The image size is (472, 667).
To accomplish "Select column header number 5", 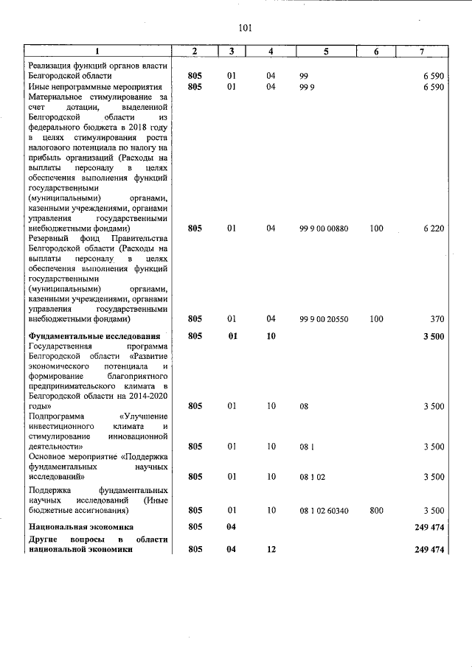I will (325, 52).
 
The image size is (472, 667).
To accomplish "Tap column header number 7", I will (421, 52).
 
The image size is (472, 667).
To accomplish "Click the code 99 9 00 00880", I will (324, 228).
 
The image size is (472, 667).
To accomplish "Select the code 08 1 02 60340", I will (324, 510).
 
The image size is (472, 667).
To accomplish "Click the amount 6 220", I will (433, 228).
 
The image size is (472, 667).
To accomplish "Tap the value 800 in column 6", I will (376, 510).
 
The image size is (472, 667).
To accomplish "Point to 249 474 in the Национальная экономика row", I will (429, 527).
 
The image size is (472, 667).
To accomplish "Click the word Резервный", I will (51, 239).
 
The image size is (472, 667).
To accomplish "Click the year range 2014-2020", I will (146, 396).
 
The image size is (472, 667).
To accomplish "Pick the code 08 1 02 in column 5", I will (313, 476).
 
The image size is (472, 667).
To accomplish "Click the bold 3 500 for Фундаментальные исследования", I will (433, 336).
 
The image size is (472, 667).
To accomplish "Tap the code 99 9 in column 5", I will (308, 87).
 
